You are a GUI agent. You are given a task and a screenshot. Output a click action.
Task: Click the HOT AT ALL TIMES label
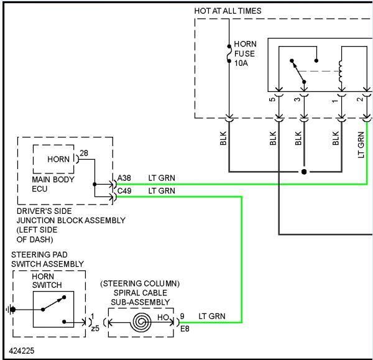point(228,11)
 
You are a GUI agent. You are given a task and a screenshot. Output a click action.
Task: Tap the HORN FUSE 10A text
point(246,53)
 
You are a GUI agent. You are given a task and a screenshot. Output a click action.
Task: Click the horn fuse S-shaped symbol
point(229,53)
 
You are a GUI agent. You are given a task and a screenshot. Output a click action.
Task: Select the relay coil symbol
point(341,72)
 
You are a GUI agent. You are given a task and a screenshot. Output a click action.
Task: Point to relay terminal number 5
point(272,99)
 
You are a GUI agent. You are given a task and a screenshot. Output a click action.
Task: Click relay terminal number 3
point(297,99)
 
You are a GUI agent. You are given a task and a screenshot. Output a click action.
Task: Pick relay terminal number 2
point(360,99)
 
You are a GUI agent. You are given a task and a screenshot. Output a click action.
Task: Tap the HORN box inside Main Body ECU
point(53,159)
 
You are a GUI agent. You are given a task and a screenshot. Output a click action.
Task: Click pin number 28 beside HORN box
point(84,153)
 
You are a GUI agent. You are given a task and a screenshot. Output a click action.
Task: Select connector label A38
point(124,178)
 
